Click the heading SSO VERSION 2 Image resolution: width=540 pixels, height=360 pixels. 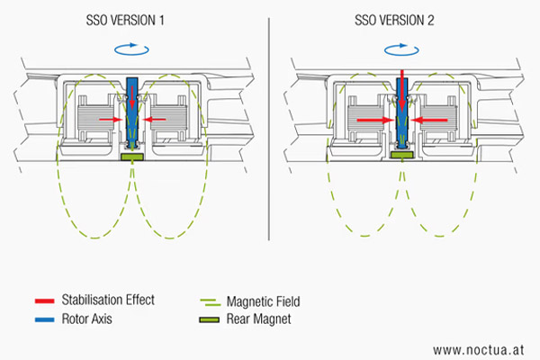coord(402,21)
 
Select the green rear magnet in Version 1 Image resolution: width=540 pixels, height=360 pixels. coord(133,157)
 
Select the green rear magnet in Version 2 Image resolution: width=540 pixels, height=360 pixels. coord(402,154)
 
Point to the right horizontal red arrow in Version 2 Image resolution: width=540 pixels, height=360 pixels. coord(431,119)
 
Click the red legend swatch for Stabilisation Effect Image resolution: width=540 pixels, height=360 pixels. coord(42,298)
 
